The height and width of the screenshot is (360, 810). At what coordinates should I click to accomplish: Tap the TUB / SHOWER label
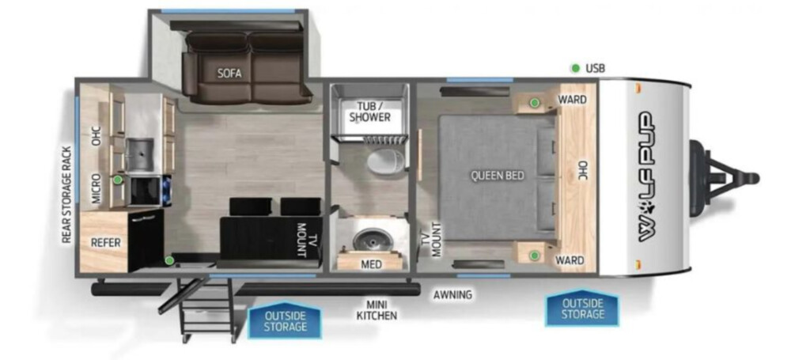pyautogui.click(x=370, y=112)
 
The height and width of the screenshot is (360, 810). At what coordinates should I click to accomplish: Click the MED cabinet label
pyautogui.click(x=372, y=264)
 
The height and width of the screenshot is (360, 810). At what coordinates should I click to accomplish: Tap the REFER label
pyautogui.click(x=105, y=242)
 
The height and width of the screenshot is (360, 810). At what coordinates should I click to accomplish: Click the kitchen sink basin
pyautogui.click(x=140, y=155)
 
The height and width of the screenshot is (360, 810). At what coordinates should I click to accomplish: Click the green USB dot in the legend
pyautogui.click(x=575, y=68)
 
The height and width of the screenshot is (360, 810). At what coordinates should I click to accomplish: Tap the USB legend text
pyautogui.click(x=595, y=68)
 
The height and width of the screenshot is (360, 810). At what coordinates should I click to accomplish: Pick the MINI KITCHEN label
pyautogui.click(x=377, y=310)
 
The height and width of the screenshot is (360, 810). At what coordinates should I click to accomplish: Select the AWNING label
pyautogui.click(x=452, y=295)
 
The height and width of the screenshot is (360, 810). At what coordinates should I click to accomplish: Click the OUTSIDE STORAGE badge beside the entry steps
pyautogui.click(x=285, y=320)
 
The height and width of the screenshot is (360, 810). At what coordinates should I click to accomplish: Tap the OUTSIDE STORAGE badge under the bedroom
pyautogui.click(x=583, y=309)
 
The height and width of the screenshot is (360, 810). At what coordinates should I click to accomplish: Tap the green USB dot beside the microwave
pyautogui.click(x=118, y=180)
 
